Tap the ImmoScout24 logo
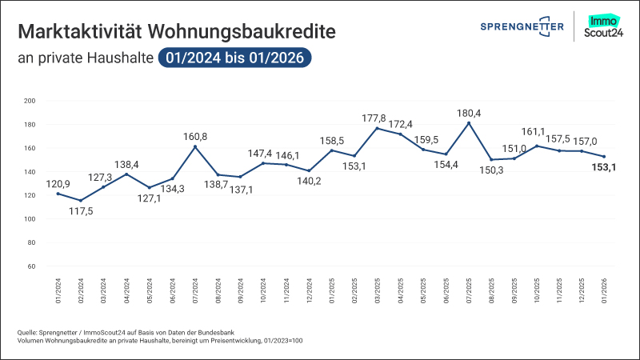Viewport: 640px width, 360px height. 606,26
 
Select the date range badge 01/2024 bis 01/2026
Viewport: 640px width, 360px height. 234,58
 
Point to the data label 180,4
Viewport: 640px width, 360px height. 468,113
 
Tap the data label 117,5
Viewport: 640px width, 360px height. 80,212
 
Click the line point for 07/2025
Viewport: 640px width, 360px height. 468,123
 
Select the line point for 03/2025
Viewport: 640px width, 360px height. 377,128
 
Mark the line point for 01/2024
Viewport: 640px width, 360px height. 58,194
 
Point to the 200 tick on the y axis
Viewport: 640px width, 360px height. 30,101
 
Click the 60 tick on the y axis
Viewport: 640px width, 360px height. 32,266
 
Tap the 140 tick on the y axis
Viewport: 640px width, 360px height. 30,172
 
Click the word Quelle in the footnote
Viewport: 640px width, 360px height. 27,332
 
